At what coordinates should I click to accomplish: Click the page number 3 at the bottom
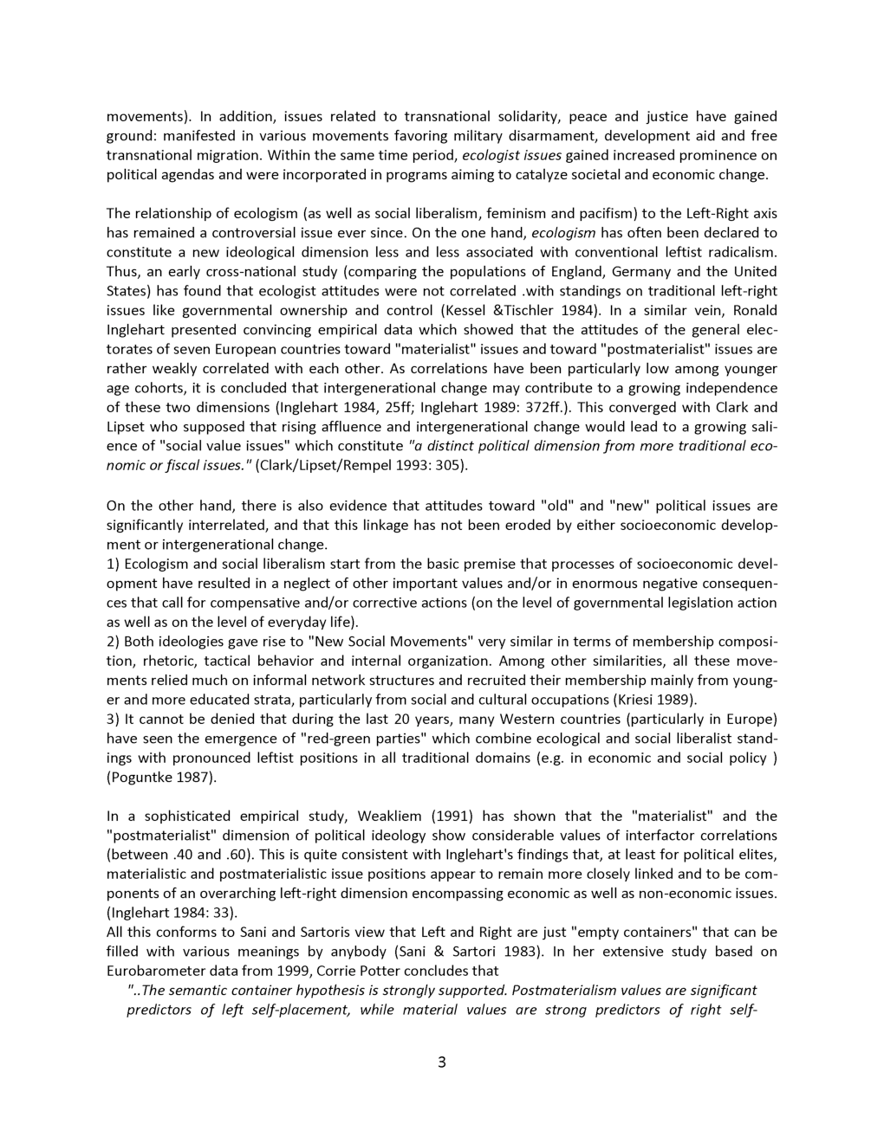click(x=441, y=1062)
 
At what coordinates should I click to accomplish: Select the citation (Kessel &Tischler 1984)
click(x=520, y=310)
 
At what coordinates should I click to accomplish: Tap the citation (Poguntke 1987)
click(x=161, y=777)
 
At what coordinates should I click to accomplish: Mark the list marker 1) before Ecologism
click(x=114, y=564)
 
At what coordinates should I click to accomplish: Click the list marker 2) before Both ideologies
click(x=114, y=642)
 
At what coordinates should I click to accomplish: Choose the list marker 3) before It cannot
click(x=114, y=719)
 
